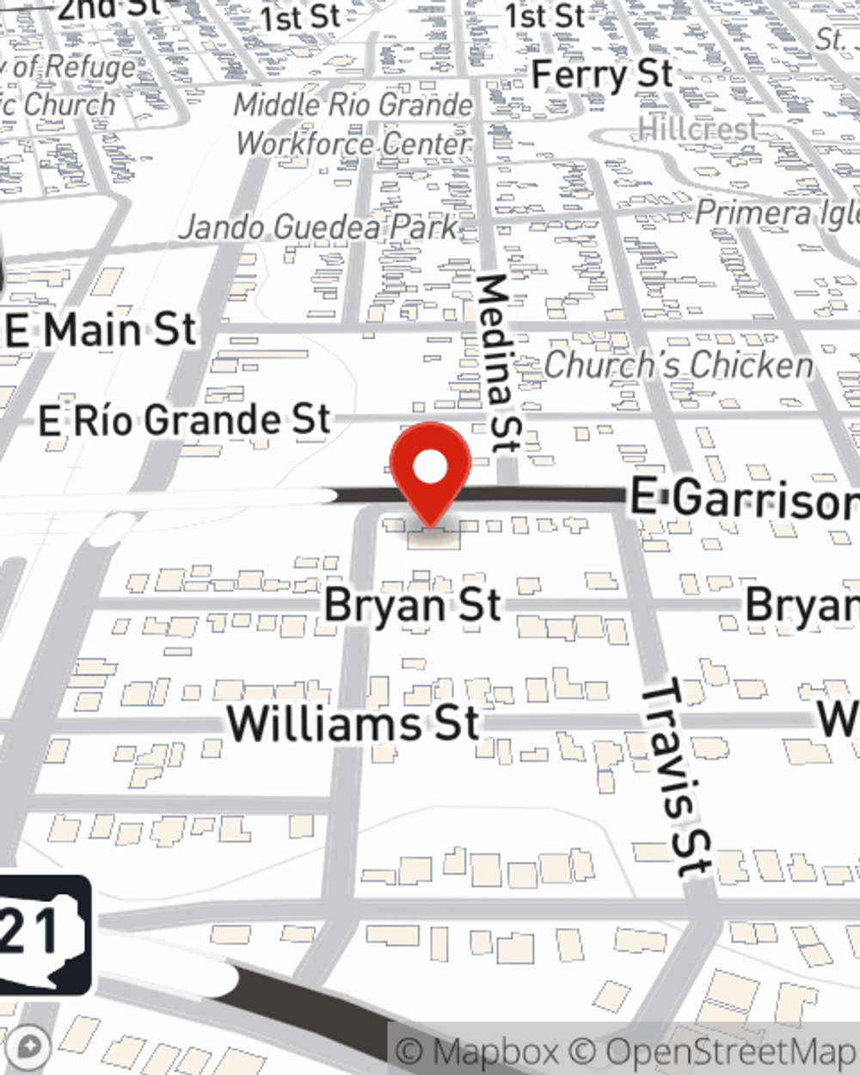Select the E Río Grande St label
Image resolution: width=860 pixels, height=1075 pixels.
pyautogui.click(x=184, y=421)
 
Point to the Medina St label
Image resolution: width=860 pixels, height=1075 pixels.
pyautogui.click(x=497, y=362)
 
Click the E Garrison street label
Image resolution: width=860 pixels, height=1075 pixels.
pyautogui.click(x=744, y=500)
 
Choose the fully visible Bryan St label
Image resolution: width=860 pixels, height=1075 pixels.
pyautogui.click(x=412, y=605)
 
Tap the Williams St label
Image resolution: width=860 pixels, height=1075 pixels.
pyautogui.click(x=353, y=722)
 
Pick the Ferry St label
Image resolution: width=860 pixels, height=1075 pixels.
pyautogui.click(x=602, y=75)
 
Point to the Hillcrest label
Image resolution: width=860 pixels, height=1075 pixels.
pyautogui.click(x=697, y=130)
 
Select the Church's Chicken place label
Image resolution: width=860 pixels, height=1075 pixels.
pyautogui.click(x=679, y=365)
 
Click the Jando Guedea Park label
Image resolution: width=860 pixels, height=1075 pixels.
pyautogui.click(x=319, y=228)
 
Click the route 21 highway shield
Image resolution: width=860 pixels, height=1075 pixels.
pyautogui.click(x=43, y=934)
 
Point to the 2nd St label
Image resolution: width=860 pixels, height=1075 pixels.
pyautogui.click(x=107, y=9)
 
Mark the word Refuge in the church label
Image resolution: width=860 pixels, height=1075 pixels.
pyautogui.click(x=90, y=66)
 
